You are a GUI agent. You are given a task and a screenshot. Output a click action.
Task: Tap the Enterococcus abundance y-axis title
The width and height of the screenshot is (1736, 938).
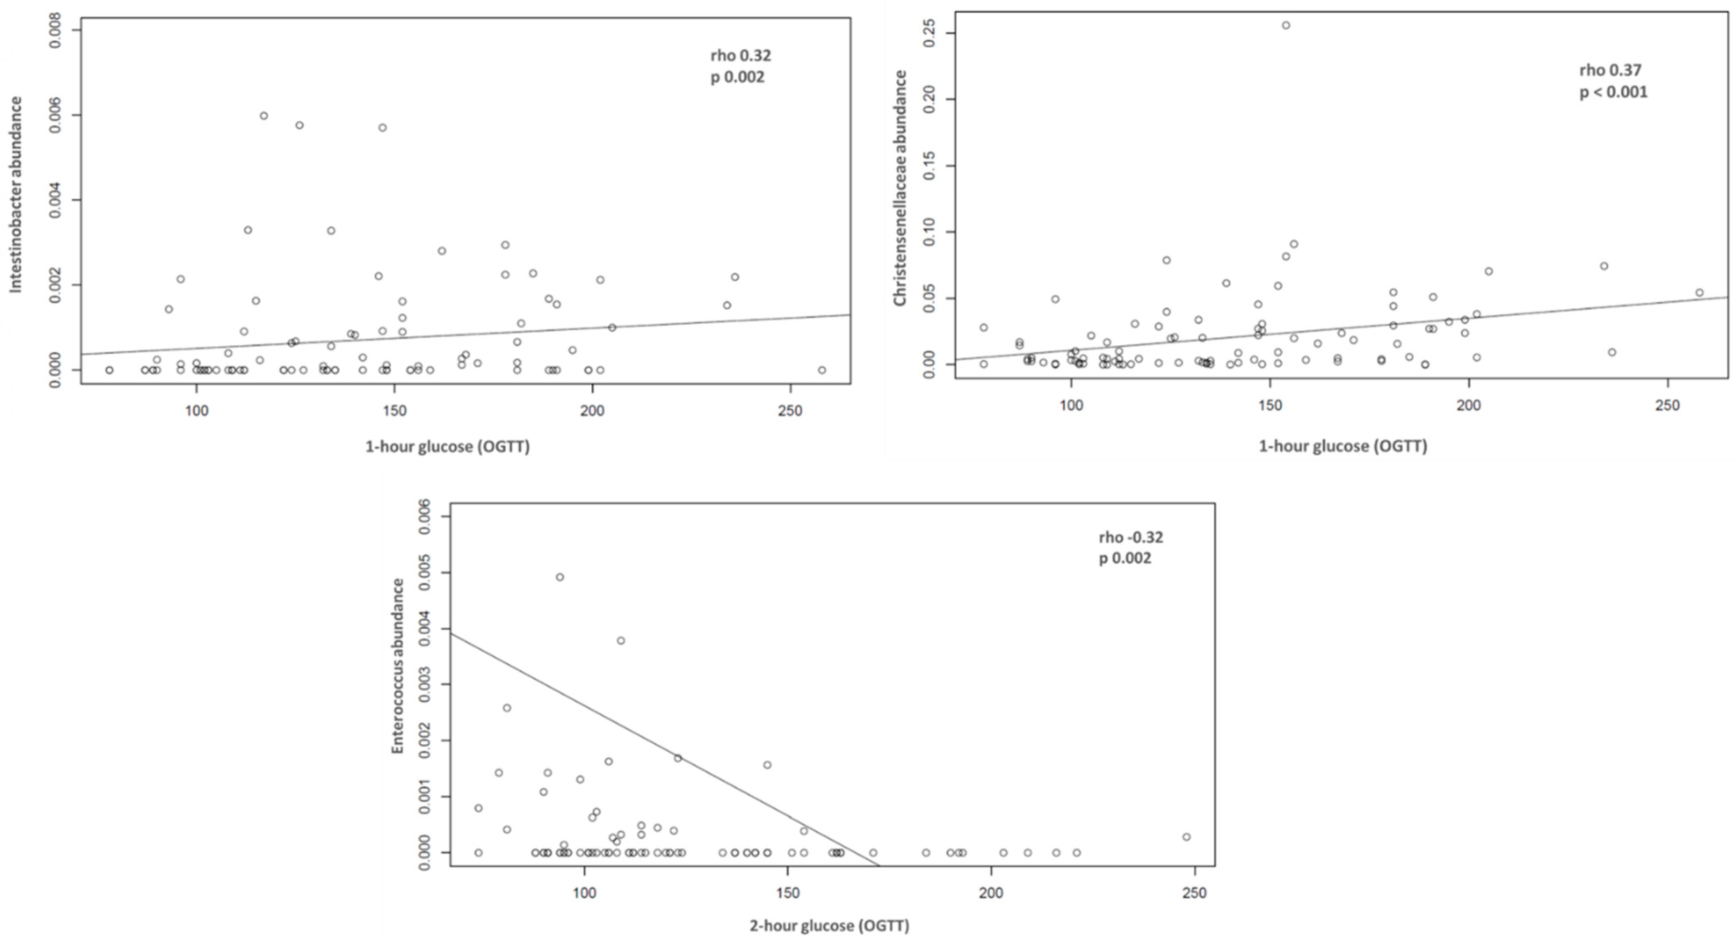tap(398, 666)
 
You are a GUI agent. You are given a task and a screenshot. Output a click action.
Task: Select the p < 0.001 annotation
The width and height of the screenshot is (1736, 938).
tap(1613, 92)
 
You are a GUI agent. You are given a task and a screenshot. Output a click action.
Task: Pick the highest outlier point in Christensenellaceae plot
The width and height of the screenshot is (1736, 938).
tap(1286, 25)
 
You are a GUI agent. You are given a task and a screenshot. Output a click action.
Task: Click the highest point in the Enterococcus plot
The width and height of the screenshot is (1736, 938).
tap(559, 577)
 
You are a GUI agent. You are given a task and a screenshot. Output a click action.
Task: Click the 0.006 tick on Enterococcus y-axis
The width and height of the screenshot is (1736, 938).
tap(425, 517)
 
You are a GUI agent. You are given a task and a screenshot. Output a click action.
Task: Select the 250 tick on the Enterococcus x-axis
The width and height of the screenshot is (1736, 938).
tap(1194, 893)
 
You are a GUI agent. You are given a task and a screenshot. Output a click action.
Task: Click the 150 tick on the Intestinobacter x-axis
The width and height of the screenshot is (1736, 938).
tap(394, 410)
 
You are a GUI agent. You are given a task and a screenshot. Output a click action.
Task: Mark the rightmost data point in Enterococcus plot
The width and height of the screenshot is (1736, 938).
tap(1186, 837)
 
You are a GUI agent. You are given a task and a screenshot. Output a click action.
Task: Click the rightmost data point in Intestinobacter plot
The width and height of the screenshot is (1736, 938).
tap(822, 370)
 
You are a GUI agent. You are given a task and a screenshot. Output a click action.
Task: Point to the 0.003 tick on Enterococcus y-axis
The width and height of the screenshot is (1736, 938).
tap(425, 685)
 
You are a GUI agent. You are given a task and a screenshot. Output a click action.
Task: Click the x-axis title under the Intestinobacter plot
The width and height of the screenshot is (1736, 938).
tap(447, 447)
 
